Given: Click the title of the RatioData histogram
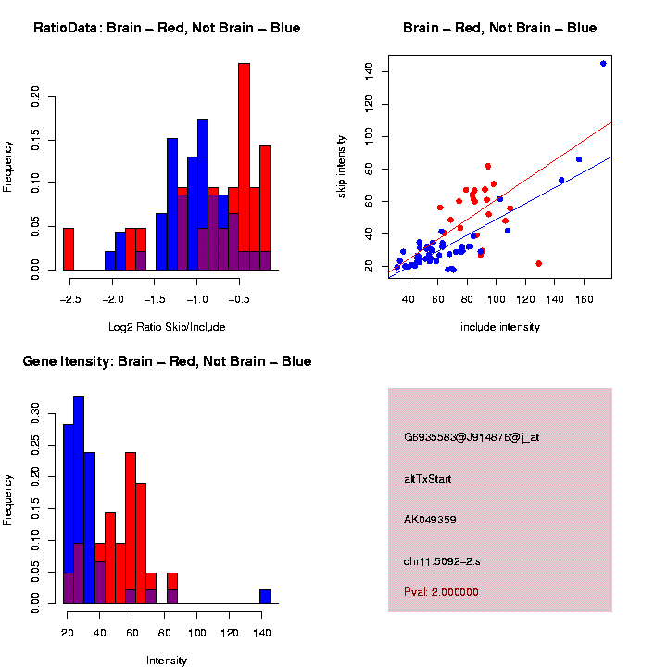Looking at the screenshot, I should [167, 29].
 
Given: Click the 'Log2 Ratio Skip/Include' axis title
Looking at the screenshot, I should [166, 327].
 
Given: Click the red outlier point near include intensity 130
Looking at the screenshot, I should [538, 263].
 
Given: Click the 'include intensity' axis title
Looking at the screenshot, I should [500, 327].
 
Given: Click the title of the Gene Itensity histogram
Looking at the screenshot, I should [167, 361].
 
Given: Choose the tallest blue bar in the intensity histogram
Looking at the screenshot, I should [79, 500].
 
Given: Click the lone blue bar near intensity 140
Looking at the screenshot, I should [265, 597].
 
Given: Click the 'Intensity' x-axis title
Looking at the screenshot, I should [167, 661].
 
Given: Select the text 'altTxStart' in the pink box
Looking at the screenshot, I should [428, 479].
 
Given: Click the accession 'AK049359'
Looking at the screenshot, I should [430, 520].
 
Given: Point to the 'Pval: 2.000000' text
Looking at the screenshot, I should [441, 592].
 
